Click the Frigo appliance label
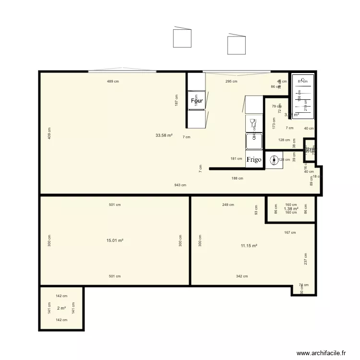pyautogui.click(x=254, y=159)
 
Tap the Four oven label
pyautogui.click(x=196, y=101)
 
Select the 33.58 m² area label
pyautogui.click(x=164, y=135)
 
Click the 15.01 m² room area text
pyautogui.click(x=115, y=240)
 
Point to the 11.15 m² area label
pyautogui.click(x=249, y=245)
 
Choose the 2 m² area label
pyautogui.click(x=61, y=308)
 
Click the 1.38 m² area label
pyautogui.click(x=291, y=209)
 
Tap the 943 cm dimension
pyautogui.click(x=180, y=185)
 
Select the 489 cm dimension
pyautogui.click(x=113, y=82)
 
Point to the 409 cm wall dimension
pyautogui.click(x=49, y=133)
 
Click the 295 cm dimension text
pyautogui.click(x=231, y=82)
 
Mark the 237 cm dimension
pyautogui.click(x=305, y=259)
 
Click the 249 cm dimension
pyautogui.click(x=228, y=205)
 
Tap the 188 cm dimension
pyautogui.click(x=237, y=178)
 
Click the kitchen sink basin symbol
pyautogui.click(x=254, y=141)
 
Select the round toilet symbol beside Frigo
pyautogui.click(x=274, y=160)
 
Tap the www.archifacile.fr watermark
pyautogui.click(x=321, y=352)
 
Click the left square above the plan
pyautogui.click(x=182, y=38)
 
